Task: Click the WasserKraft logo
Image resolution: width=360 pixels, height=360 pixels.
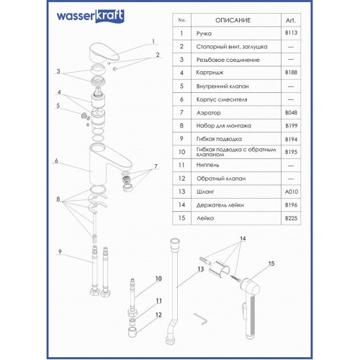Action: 90,16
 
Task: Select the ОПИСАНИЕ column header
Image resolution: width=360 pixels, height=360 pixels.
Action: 233,20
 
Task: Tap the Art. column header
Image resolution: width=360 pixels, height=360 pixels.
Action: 291,20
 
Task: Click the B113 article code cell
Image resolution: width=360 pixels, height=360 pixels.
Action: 291,32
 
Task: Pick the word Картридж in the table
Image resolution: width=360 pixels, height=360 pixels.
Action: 210,73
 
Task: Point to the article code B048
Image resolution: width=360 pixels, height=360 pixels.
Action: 291,112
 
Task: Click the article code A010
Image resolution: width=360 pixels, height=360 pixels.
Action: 292,192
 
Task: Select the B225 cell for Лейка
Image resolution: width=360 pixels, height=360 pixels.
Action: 291,218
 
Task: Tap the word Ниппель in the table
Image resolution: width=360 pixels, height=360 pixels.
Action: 207,165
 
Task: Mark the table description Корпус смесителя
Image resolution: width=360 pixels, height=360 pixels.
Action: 222,99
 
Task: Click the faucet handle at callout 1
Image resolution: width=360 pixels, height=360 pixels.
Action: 104,53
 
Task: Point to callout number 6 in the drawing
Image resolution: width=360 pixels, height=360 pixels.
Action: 56,161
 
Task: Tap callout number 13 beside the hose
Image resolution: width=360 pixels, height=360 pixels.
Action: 201,269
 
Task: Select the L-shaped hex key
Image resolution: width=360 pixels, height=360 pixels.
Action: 201,318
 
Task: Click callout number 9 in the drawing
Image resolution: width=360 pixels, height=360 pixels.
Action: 60,251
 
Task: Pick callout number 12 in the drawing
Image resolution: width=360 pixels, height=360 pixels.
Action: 158,315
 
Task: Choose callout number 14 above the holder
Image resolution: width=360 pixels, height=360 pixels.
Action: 243,238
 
